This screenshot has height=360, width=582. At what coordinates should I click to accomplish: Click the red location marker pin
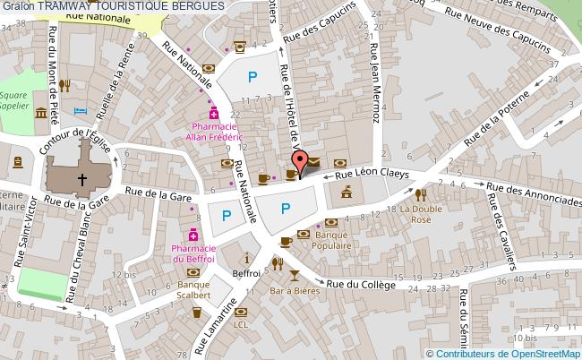pos(303,161)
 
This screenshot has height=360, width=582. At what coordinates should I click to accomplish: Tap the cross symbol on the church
pos(81,178)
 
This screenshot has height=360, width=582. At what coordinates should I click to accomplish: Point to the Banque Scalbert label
pos(193,287)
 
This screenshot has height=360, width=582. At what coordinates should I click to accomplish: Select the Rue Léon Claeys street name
pos(376,175)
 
